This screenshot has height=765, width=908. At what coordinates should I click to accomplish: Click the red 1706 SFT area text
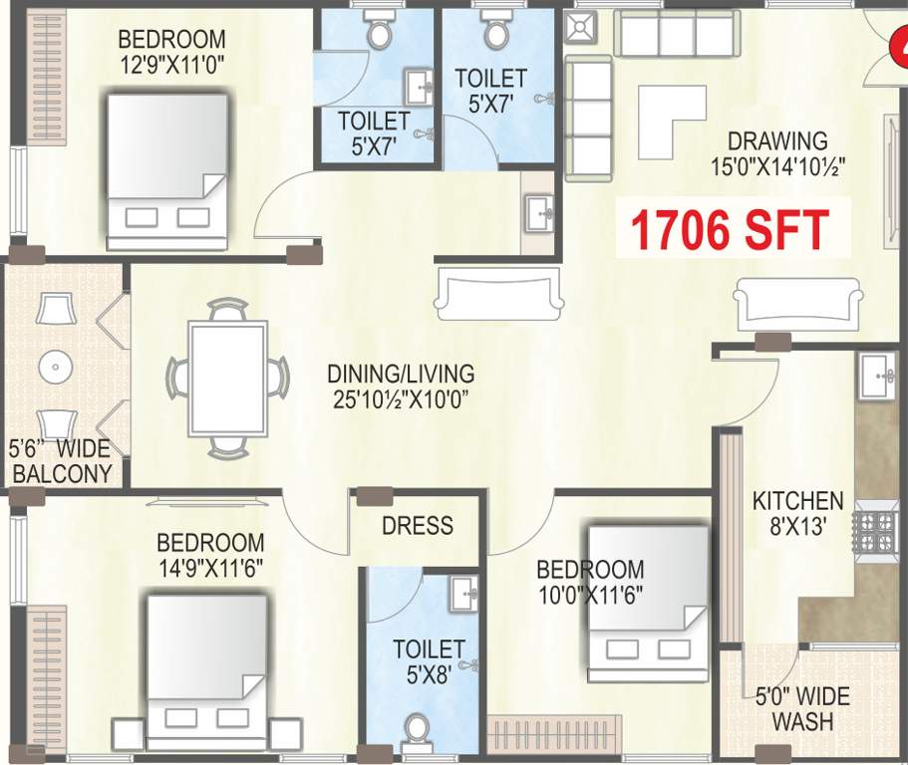[x=730, y=229]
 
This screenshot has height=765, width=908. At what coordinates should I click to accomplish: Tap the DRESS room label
[x=418, y=525]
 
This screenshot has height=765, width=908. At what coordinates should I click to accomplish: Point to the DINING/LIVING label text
[x=401, y=387]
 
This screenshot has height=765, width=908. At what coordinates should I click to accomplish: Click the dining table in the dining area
[x=228, y=379]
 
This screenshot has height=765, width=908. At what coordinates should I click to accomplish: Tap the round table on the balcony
[x=55, y=368]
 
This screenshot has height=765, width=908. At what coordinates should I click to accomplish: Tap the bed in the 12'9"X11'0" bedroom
[x=167, y=170]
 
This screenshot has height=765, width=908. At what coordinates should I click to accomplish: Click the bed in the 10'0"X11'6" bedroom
[x=647, y=604]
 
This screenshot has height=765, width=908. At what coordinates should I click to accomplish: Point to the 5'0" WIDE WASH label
[x=802, y=708]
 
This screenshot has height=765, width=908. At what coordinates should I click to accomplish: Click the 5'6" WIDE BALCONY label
[x=59, y=461]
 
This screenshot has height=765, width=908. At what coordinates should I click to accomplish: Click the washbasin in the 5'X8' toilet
[x=463, y=595]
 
